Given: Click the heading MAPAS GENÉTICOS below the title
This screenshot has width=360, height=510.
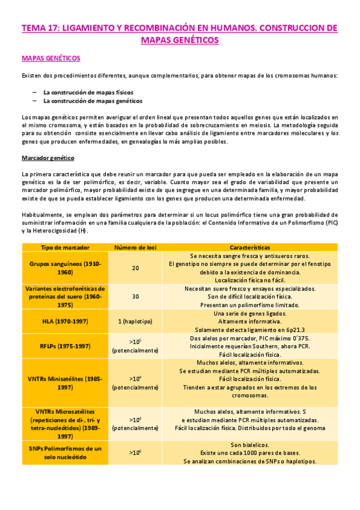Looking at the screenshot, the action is tap(51, 58).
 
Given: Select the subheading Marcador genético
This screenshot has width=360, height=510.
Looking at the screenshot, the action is tap(47, 158).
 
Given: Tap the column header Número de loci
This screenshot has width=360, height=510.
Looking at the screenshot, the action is tap(135, 247).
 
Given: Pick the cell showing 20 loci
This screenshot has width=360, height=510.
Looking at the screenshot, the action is tap(135, 268).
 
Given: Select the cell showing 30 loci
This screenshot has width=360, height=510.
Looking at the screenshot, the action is tap(135, 296).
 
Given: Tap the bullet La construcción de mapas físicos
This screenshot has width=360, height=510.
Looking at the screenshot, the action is tap(88, 92).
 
